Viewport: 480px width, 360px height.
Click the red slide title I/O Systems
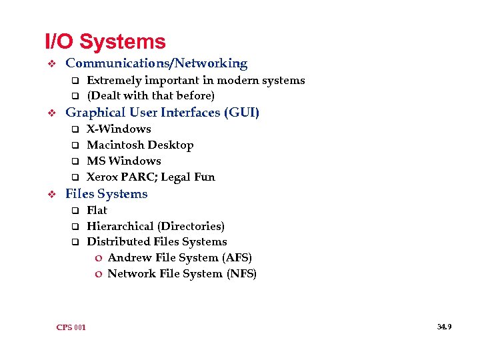[x=105, y=42]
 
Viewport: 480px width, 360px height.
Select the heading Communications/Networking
[x=156, y=64]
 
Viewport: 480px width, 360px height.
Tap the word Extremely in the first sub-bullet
[x=114, y=81]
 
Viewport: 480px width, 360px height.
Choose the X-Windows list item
[x=119, y=129]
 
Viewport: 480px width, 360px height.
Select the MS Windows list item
[x=124, y=161]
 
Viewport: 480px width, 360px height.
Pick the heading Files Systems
[x=107, y=194]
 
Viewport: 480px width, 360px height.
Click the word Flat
[x=97, y=211]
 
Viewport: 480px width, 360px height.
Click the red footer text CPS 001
[x=71, y=327]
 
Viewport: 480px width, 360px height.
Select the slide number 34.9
[x=445, y=327]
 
